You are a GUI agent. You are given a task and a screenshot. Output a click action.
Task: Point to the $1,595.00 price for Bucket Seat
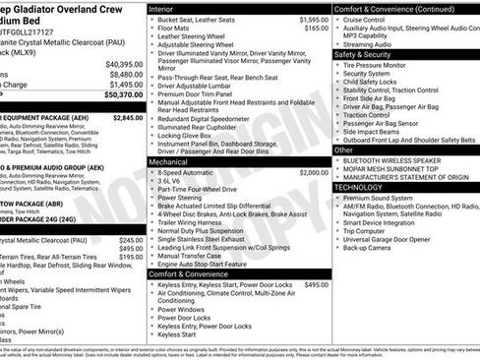[x=314, y=20]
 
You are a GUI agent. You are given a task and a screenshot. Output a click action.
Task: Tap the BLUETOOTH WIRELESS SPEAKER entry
[x=399, y=158]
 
